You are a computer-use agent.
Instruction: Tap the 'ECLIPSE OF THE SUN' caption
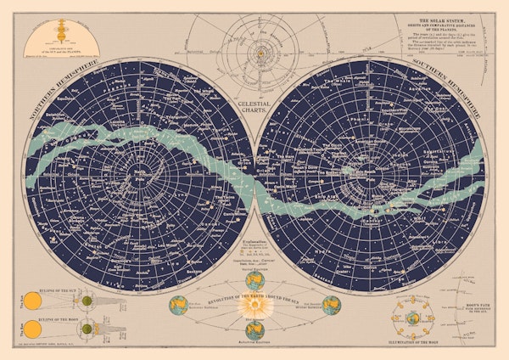tap(63, 290)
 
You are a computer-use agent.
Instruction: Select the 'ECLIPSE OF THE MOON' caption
tap(63, 316)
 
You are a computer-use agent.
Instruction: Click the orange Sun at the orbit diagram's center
tap(255, 41)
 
